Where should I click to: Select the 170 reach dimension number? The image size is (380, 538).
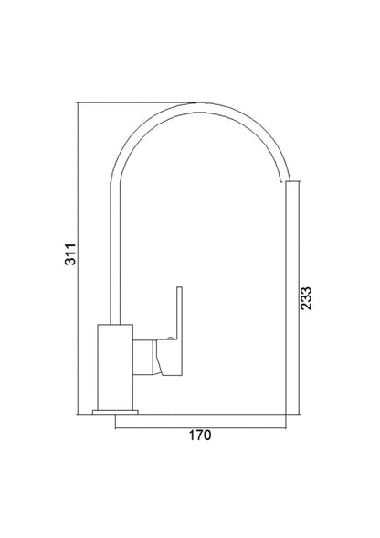[201, 436]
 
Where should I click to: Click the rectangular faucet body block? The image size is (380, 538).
[115, 368]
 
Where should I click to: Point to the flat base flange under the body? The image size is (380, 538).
[116, 414]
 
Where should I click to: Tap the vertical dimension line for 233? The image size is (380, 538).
[291, 302]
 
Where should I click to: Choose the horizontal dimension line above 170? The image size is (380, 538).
[201, 424]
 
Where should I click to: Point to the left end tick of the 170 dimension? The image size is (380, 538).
[116, 424]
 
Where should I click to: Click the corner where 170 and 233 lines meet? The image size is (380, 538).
[291, 424]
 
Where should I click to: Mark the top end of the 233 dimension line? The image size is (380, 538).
[291, 183]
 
